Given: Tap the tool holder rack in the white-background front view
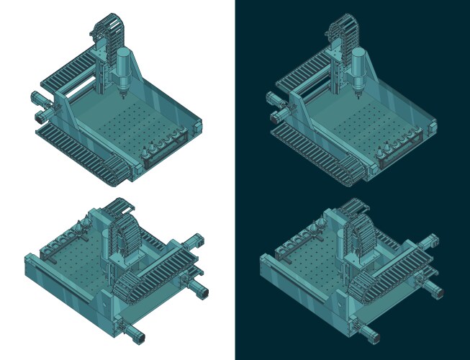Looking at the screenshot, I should point(170,145).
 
